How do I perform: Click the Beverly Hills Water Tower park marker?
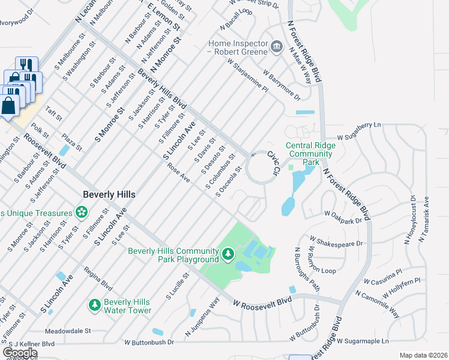94,305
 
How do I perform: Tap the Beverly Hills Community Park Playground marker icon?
228,254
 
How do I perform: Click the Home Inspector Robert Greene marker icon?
276,47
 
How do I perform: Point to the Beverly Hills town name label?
109,195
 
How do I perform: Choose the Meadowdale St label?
67,331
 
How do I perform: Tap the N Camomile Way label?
377,304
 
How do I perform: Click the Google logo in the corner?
20,353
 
